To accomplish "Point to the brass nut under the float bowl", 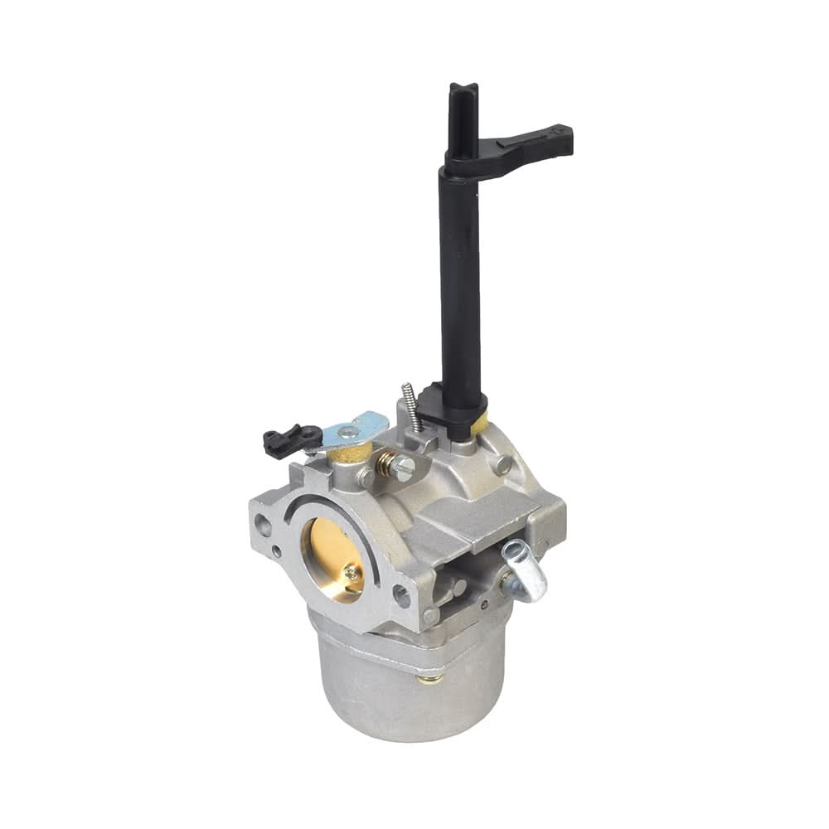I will point(429,677).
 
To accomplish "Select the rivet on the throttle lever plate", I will point(351,432).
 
